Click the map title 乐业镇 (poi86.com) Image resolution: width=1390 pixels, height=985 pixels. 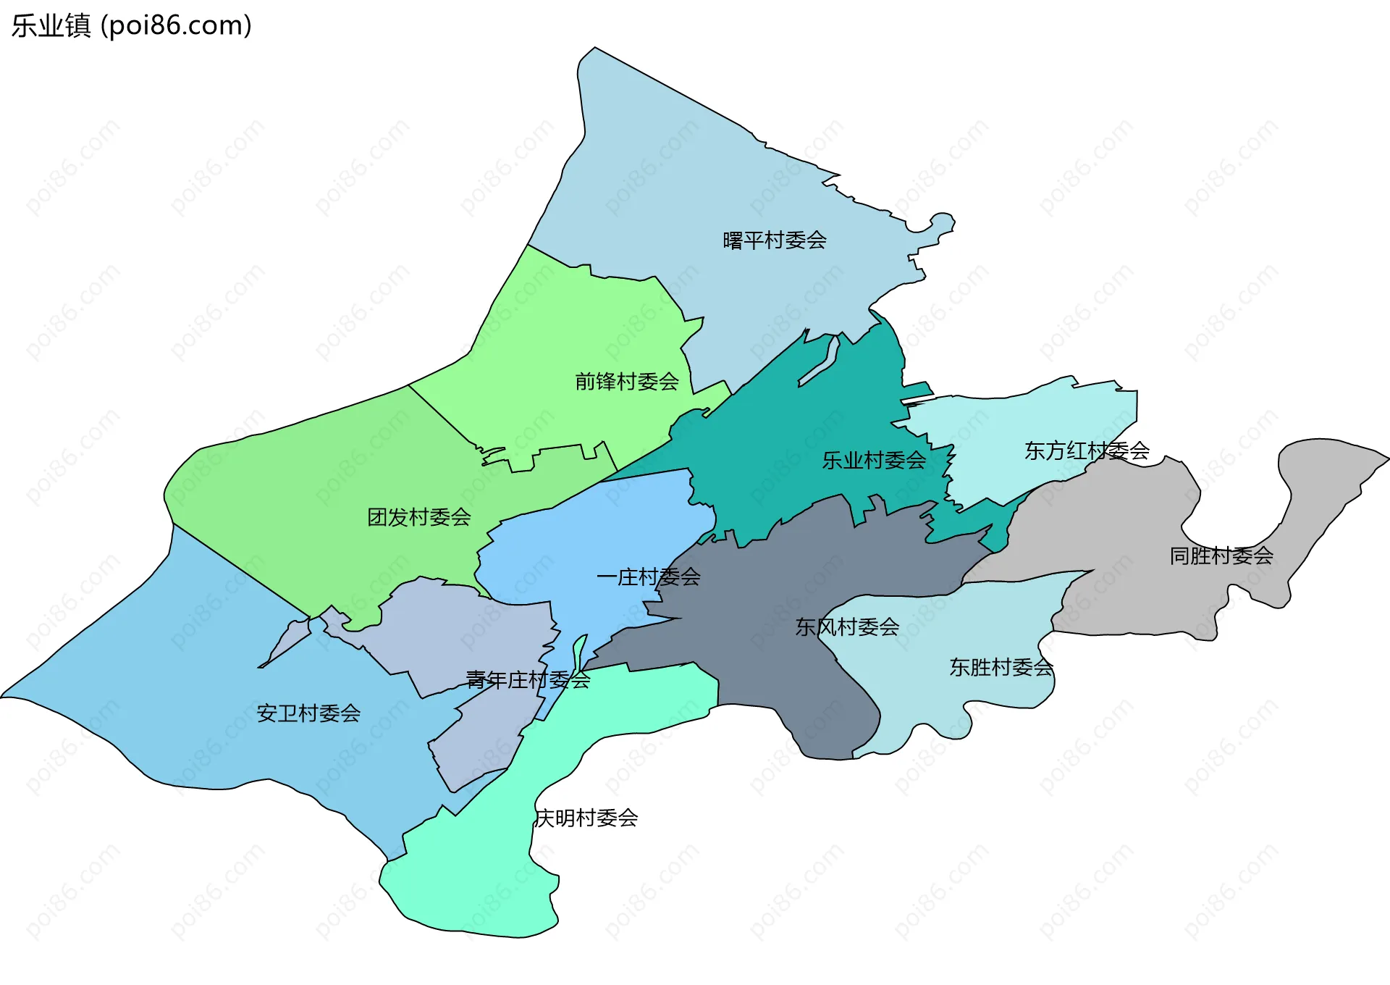(131, 25)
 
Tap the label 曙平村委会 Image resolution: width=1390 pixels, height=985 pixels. (774, 240)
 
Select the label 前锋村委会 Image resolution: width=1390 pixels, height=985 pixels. (626, 381)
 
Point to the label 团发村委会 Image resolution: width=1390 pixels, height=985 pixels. (418, 517)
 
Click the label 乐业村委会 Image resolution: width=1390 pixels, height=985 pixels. (873, 460)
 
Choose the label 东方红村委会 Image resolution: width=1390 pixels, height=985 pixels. (1087, 450)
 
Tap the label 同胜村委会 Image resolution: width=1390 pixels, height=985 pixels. (1221, 556)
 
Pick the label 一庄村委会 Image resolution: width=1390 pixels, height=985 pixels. (648, 577)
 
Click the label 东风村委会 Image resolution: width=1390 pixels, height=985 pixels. (847, 626)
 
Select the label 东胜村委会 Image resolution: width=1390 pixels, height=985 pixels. (1001, 667)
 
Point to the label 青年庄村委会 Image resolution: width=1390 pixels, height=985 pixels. (528, 679)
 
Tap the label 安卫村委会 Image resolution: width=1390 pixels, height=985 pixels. (308, 713)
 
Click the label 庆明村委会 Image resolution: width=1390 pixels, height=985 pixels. (586, 818)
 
